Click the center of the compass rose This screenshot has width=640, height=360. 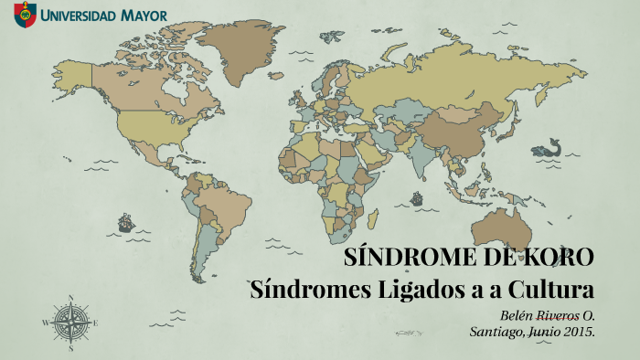(x=70, y=322)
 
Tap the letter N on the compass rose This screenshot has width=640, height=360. (x=70, y=297)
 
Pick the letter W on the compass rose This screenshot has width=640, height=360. (x=45, y=323)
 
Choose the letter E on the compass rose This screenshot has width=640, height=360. (x=95, y=323)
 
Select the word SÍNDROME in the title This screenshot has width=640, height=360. (x=400, y=258)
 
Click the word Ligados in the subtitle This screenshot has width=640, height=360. (x=422, y=291)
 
